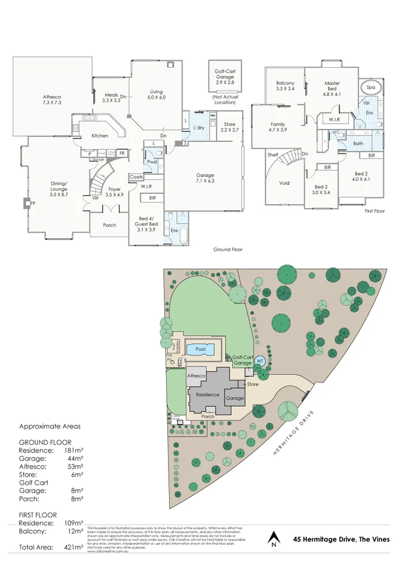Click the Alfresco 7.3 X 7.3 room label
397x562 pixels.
click(x=52, y=100)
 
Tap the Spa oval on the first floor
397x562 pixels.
click(x=371, y=88)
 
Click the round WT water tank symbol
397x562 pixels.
click(x=260, y=361)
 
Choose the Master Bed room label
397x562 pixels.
click(x=332, y=89)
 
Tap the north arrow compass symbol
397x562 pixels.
click(x=273, y=538)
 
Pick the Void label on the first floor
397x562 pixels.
click(x=284, y=183)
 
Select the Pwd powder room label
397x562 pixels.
click(x=152, y=162)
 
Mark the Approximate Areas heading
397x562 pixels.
click(x=50, y=426)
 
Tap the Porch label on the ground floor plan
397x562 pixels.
click(x=109, y=225)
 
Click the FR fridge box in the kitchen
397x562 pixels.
click(x=122, y=153)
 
